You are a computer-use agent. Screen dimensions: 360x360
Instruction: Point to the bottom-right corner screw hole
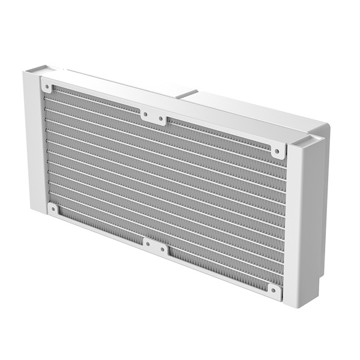point(274,292)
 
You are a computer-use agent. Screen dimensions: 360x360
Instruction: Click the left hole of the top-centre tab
point(145,113)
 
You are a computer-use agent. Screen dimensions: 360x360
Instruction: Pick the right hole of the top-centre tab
point(161,118)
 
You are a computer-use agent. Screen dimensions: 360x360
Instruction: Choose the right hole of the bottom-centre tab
point(163,248)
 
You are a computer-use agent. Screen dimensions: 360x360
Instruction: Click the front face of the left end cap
point(33,144)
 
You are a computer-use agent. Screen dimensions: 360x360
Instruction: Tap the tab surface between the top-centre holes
point(154,115)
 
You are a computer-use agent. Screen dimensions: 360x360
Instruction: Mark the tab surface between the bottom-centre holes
point(155,245)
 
